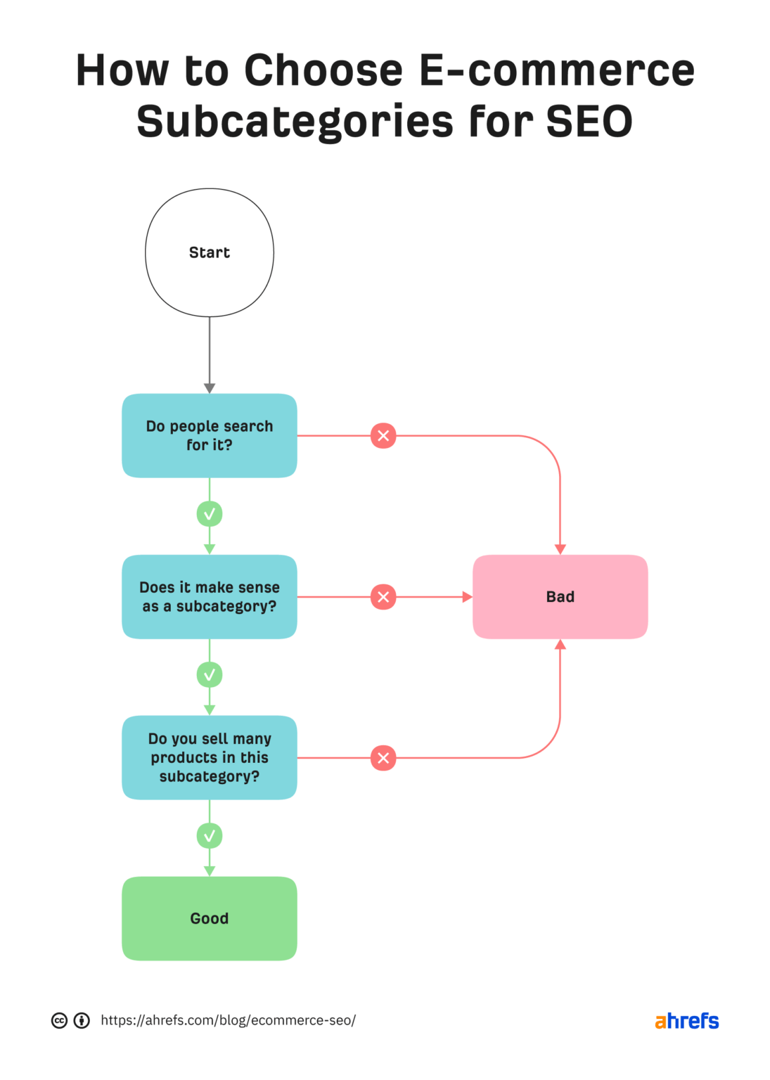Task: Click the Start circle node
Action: coord(209,252)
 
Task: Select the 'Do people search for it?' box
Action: coord(209,435)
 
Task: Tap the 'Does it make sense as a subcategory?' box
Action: coord(209,596)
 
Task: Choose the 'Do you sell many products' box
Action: coord(209,757)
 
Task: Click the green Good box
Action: coord(209,918)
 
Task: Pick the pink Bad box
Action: coord(560,596)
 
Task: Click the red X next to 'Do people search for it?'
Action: coord(383,435)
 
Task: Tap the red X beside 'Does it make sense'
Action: coord(383,597)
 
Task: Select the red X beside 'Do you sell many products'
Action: coord(383,758)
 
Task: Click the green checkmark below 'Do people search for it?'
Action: coord(209,514)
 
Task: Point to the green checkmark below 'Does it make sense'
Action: coord(209,675)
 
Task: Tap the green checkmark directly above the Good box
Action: coord(209,836)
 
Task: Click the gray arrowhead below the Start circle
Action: coord(209,388)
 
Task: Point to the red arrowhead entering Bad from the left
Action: coord(467,597)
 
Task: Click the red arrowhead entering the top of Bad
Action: coord(560,549)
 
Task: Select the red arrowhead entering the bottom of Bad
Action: coord(560,645)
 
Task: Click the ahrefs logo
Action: coord(686,1021)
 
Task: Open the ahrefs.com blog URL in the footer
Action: coord(228,1020)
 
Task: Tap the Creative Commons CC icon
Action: coord(60,1020)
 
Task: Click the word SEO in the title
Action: coord(589,121)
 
